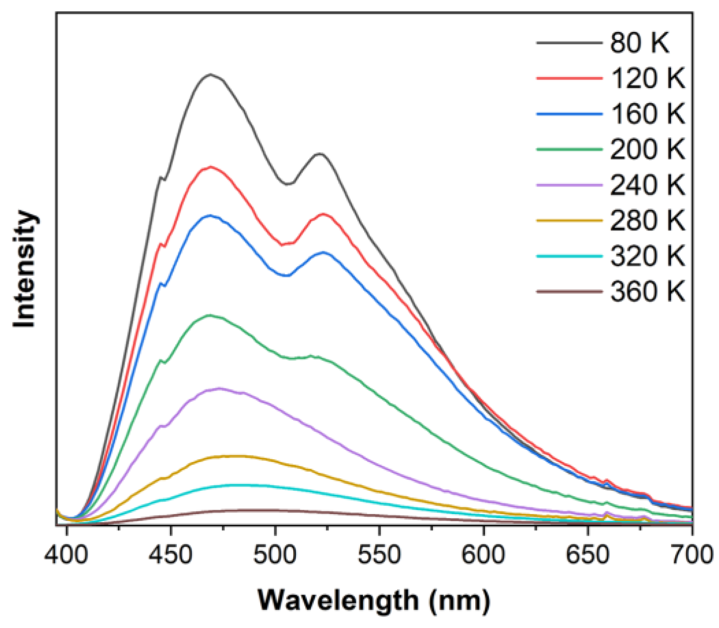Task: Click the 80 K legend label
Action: coord(639,43)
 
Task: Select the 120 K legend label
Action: coord(647,78)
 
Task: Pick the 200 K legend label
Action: coord(647,149)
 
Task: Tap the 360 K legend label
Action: coord(647,291)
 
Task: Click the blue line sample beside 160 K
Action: coord(569,114)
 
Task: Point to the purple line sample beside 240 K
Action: coord(569,185)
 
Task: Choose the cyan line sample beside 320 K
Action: coord(569,256)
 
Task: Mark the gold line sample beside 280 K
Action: coord(569,220)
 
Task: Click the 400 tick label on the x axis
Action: coord(67,555)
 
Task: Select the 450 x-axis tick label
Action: coord(171,555)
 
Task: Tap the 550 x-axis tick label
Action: coord(379,555)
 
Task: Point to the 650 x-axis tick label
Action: coord(588,555)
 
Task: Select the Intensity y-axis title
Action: coord(25,269)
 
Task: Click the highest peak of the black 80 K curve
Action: coord(211,74)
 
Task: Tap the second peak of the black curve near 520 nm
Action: coord(319,154)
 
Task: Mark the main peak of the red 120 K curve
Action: coord(211,167)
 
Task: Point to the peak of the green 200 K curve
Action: coord(210,315)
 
